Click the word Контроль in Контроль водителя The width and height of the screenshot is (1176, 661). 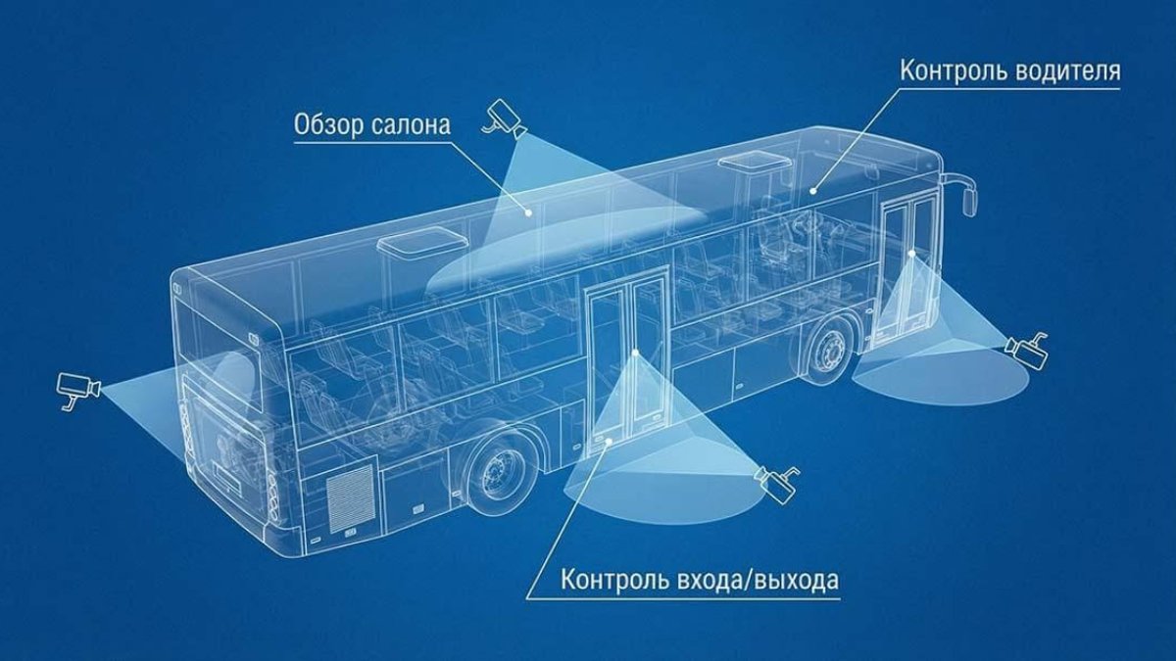pos(952,71)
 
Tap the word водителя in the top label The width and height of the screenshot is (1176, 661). pos(1066,71)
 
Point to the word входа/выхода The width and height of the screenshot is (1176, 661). pos(765,580)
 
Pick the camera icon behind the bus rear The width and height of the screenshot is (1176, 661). pos(78,389)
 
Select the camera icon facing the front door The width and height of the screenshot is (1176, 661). pos(1026,351)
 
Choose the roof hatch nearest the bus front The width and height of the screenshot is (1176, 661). pos(754,163)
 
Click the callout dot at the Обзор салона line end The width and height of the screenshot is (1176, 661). pos(528,212)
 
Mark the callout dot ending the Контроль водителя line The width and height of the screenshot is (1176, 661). pos(812,191)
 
